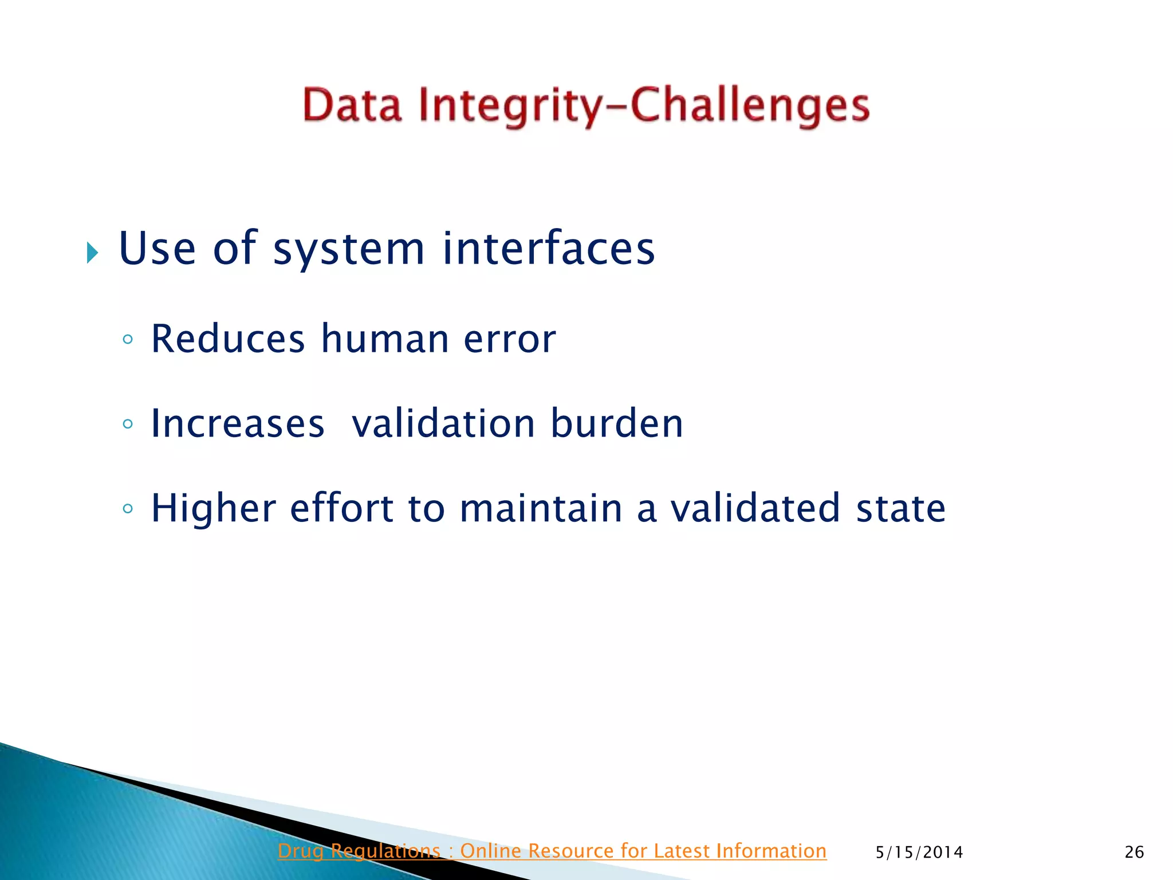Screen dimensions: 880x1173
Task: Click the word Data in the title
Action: (x=352, y=105)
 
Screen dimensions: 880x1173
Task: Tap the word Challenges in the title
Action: (x=750, y=107)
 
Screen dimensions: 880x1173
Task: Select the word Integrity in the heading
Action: (x=510, y=107)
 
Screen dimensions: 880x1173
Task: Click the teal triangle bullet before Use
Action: (x=92, y=252)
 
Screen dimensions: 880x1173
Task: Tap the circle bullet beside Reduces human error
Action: (x=128, y=339)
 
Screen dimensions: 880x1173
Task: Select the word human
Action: (x=384, y=339)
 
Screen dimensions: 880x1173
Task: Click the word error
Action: (x=509, y=340)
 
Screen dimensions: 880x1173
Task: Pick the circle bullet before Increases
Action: (x=128, y=424)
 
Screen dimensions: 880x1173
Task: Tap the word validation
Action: (x=443, y=423)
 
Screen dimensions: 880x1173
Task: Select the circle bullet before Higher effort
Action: (x=128, y=508)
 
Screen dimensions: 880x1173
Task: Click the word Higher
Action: (x=214, y=509)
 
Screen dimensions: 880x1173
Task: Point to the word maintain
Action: (x=541, y=508)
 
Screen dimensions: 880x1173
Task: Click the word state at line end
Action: (x=900, y=508)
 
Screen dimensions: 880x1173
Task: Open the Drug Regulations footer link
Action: (x=552, y=851)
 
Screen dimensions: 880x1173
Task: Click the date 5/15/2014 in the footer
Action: (x=919, y=852)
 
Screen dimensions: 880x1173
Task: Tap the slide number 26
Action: (x=1134, y=852)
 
